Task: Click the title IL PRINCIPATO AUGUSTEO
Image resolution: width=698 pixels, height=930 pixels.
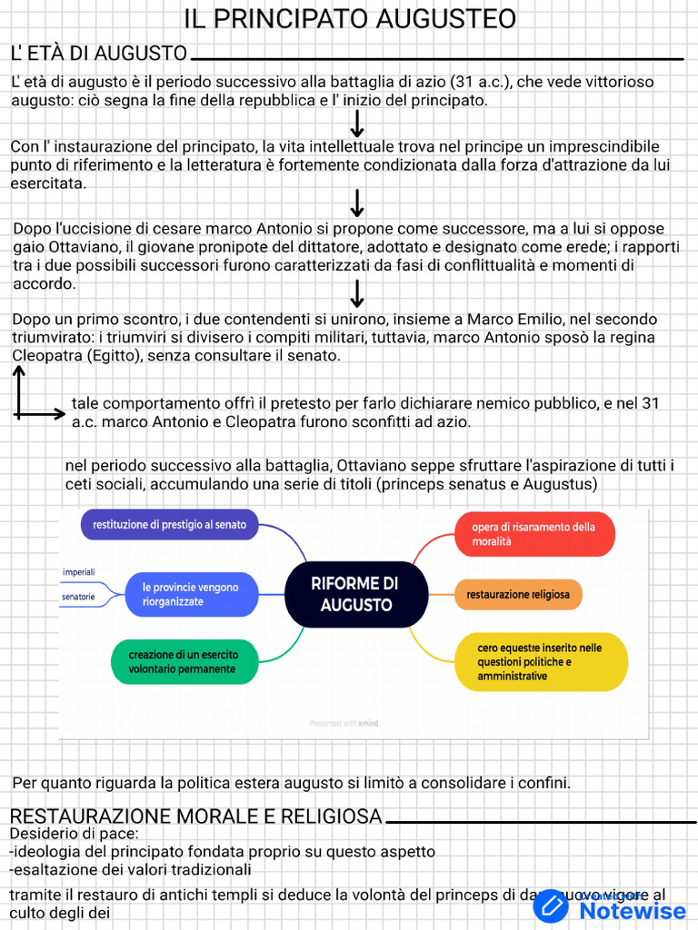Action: (x=350, y=18)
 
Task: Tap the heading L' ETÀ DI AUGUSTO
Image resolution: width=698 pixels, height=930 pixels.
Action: (x=99, y=53)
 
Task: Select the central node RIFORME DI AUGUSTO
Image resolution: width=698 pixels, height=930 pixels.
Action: (x=355, y=594)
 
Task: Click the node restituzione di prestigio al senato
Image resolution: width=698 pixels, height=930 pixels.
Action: (x=169, y=525)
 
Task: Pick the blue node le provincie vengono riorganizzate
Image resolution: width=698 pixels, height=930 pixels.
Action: (x=190, y=595)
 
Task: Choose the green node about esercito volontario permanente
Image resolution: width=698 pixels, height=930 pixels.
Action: (x=182, y=662)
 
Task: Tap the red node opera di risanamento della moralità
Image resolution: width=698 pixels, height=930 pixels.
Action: (x=533, y=534)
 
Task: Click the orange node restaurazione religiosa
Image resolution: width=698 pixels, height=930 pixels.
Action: (x=518, y=595)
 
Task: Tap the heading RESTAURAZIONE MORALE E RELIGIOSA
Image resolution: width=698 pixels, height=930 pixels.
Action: (x=195, y=816)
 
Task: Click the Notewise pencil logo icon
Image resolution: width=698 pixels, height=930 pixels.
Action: (x=551, y=906)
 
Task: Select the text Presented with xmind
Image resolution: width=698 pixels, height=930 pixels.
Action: (x=344, y=724)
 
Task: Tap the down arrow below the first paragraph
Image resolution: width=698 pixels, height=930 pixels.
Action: (x=357, y=124)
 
